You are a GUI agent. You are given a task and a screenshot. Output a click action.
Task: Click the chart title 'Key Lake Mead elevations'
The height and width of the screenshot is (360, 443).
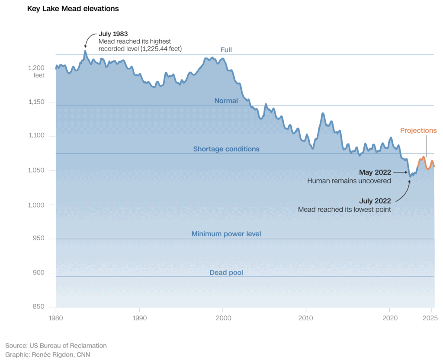pos(73,9)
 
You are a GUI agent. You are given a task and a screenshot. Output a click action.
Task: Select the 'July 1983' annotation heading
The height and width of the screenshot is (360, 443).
pos(113,33)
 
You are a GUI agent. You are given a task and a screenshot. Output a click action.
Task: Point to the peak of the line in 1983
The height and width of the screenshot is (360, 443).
pos(85,51)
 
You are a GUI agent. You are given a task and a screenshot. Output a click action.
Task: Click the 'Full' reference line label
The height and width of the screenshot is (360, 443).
pos(226,50)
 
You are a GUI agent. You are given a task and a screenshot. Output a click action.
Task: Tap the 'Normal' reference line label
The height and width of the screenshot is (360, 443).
pos(226,101)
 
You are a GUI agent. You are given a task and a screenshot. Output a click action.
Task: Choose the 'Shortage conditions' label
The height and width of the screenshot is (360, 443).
pos(226,149)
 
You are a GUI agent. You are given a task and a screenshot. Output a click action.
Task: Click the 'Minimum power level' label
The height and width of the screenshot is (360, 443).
pos(226,234)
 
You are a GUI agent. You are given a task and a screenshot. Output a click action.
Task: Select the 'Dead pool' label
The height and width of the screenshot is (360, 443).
pos(226,272)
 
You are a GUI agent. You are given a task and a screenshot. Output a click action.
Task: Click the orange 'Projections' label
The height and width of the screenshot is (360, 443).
pos(418,131)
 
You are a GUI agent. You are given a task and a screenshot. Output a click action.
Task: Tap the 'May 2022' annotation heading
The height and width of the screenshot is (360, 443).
pos(375,172)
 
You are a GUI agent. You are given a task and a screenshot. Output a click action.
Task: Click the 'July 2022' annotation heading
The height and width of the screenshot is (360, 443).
pos(375,201)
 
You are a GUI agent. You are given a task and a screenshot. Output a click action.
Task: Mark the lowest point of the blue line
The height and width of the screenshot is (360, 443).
pos(410,176)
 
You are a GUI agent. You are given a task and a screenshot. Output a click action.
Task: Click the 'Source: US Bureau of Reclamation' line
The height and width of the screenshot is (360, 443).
pos(56,345)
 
